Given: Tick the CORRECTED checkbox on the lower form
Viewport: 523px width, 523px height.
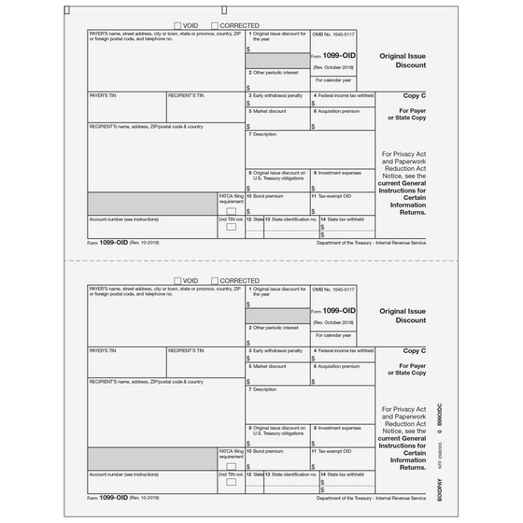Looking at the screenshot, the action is point(216,280).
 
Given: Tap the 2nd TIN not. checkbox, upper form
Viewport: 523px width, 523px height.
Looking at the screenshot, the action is point(231,227).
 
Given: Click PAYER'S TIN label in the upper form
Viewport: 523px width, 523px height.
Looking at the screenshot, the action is point(103,95).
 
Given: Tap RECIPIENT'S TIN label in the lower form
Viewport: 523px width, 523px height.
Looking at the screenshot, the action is point(187,350).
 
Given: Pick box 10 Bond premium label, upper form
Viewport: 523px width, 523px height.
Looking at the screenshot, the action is point(270,195).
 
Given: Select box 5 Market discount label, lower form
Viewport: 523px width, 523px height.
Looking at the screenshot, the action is point(269,365).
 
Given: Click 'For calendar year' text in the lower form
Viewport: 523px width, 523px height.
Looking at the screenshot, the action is point(334,334).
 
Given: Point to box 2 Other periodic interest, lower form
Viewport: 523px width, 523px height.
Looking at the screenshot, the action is point(276,327).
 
